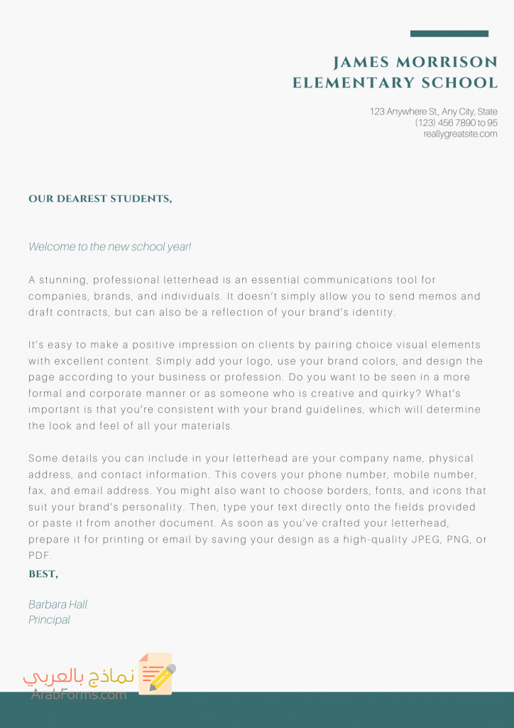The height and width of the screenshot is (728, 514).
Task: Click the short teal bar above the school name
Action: [449, 33]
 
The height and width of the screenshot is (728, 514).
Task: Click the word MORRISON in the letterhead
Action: [447, 62]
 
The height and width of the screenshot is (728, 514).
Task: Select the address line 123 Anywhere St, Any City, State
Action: [433, 112]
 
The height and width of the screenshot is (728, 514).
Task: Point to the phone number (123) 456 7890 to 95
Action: [456, 123]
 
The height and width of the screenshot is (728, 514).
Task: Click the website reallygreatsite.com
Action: [460, 134]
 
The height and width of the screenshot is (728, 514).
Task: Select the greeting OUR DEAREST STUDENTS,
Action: [100, 199]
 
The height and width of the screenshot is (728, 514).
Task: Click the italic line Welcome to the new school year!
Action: [110, 247]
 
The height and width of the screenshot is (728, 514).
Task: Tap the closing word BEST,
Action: [43, 574]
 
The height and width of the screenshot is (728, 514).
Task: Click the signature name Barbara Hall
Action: [58, 604]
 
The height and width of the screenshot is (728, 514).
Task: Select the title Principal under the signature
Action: [49, 620]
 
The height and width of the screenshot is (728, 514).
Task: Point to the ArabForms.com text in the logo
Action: [79, 695]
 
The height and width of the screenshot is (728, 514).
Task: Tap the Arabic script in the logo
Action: [79, 676]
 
